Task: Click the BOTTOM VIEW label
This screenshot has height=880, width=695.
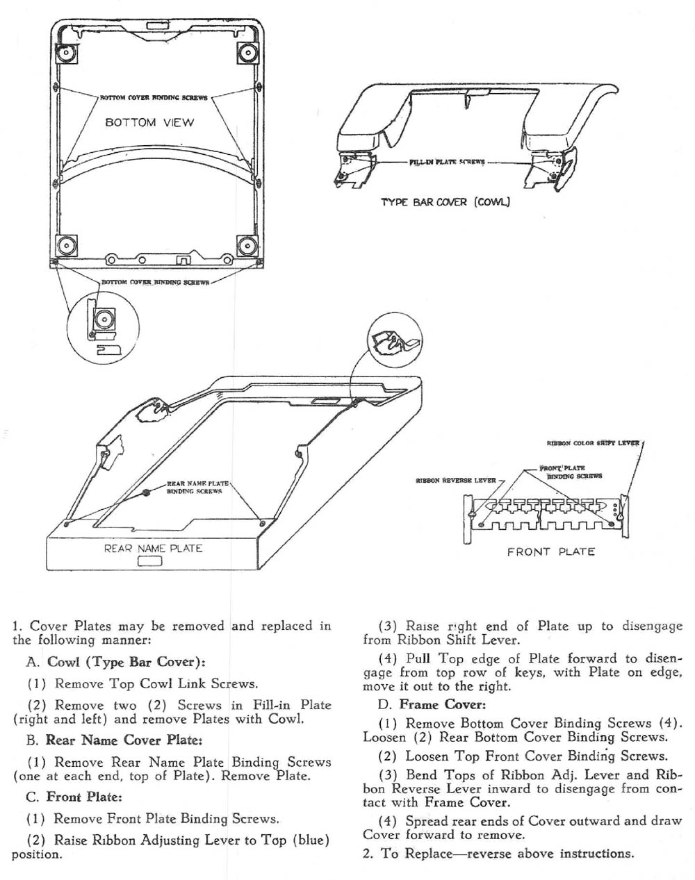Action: click(x=149, y=123)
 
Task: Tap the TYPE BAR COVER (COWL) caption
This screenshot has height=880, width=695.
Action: click(x=445, y=202)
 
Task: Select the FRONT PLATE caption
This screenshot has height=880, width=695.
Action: click(x=550, y=552)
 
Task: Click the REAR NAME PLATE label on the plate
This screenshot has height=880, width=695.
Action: click(x=153, y=548)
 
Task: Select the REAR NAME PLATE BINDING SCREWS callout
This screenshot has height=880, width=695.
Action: click(x=194, y=487)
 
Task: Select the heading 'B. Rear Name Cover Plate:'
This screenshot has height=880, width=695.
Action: click(x=113, y=740)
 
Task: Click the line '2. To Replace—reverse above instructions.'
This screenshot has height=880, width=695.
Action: click(x=498, y=854)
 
